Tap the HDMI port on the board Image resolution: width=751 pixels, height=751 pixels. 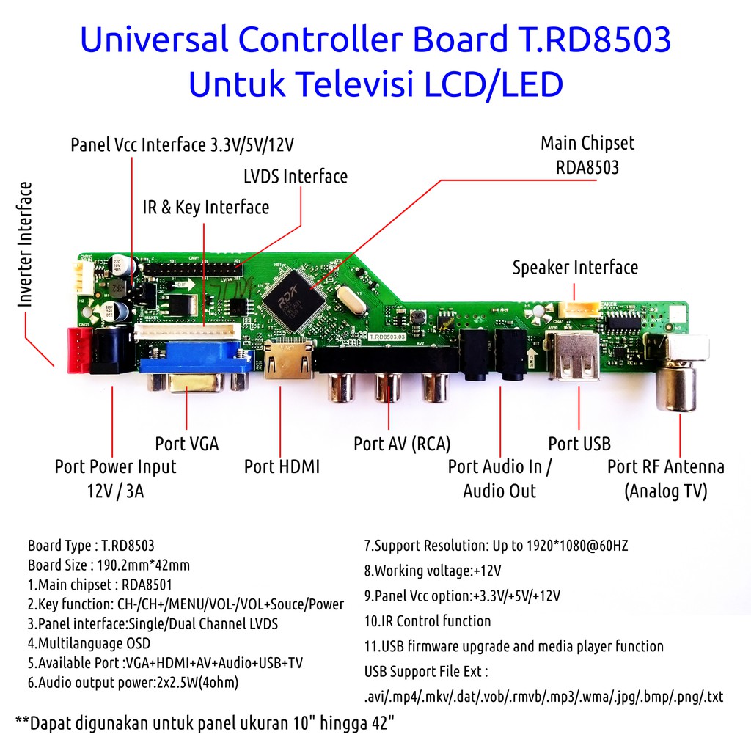[x=289, y=359]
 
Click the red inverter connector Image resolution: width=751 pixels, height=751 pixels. [x=79, y=350]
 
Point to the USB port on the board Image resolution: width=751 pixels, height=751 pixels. [x=572, y=356]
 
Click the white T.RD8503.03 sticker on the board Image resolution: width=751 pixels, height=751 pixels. [x=387, y=337]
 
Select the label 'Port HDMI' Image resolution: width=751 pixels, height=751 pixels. [x=282, y=466]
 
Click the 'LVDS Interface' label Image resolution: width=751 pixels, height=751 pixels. [x=296, y=176]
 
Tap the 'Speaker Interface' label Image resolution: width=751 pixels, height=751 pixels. [x=575, y=267]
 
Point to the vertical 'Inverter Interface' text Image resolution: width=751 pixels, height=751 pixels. [x=25, y=244]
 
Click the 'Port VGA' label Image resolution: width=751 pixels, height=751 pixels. [x=187, y=444]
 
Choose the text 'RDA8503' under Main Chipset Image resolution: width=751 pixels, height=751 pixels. [x=587, y=168]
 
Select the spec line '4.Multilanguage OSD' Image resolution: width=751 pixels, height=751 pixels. [x=89, y=643]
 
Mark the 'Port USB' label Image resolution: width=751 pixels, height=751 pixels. [x=579, y=444]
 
